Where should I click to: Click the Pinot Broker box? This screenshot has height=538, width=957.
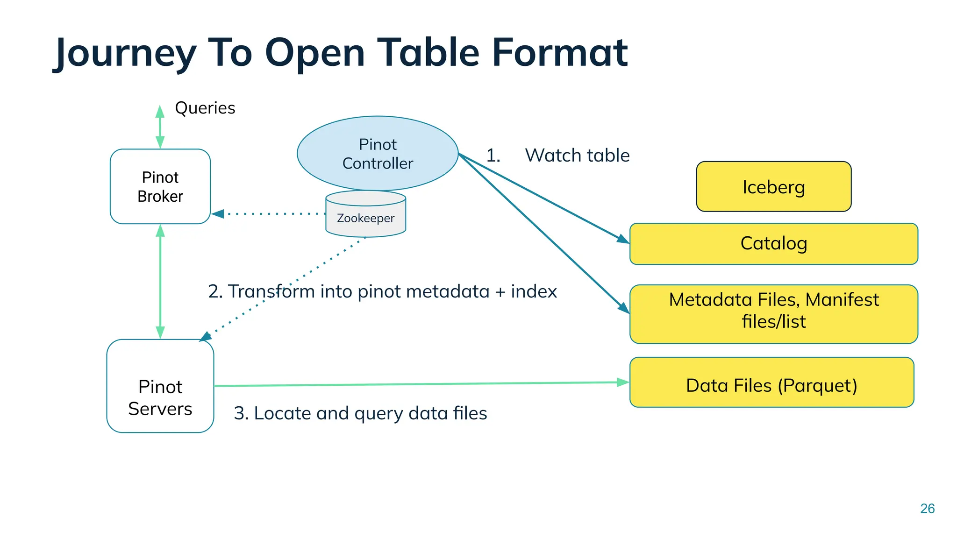160,186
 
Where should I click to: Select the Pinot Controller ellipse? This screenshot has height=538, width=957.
378,153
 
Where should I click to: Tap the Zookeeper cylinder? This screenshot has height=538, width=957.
365,218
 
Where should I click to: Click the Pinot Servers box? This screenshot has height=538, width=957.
160,386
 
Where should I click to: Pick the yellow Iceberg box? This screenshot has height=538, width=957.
773,187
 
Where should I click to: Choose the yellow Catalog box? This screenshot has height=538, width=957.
773,243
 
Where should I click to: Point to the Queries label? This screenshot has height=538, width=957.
205,108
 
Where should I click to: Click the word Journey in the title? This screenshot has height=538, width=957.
126,53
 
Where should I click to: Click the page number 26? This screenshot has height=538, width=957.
927,509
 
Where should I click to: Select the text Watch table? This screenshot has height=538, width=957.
577,156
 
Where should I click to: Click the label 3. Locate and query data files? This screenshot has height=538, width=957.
360,413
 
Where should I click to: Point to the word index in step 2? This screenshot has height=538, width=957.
534,291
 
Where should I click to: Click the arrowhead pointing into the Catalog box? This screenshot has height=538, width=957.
623,239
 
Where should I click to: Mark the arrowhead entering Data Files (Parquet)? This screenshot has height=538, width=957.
622,382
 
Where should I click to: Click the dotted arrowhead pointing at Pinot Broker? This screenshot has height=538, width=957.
218,214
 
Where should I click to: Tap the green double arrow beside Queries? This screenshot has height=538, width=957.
160,127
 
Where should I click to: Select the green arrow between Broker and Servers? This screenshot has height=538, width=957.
160,281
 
